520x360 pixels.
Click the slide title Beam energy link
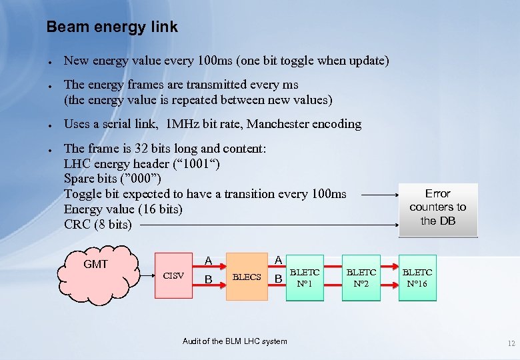point(111,27)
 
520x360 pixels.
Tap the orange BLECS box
point(246,277)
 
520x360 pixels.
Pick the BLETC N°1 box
point(305,277)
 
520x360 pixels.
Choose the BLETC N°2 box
point(361,277)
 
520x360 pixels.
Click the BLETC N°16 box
point(417,277)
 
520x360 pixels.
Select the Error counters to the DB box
point(438,207)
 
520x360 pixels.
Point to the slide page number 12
point(511,344)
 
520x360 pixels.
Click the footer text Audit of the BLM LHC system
point(235,341)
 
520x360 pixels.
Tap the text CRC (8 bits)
point(98,225)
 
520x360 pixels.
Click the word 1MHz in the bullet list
point(185,124)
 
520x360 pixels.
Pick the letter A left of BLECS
point(209,261)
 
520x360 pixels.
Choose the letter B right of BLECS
point(279,278)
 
